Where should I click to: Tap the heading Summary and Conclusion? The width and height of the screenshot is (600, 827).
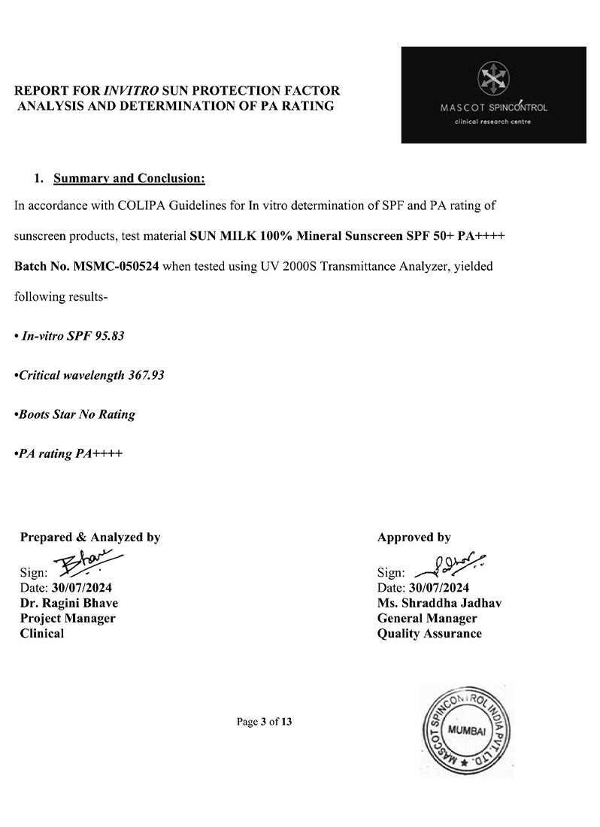129,178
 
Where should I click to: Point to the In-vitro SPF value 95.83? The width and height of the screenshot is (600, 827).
110,335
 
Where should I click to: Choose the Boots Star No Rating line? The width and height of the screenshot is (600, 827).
76,414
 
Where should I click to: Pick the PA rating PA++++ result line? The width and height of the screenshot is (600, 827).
70,453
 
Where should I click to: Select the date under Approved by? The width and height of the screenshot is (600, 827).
438,587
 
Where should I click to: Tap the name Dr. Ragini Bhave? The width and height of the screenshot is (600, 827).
68,603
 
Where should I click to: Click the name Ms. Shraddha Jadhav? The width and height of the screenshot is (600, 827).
439,603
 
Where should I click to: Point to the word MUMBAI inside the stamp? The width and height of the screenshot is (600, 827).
466,731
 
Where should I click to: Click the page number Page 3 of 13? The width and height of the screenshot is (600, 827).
264,722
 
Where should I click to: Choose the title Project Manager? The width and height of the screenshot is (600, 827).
68,618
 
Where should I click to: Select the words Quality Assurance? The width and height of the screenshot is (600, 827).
429,633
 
